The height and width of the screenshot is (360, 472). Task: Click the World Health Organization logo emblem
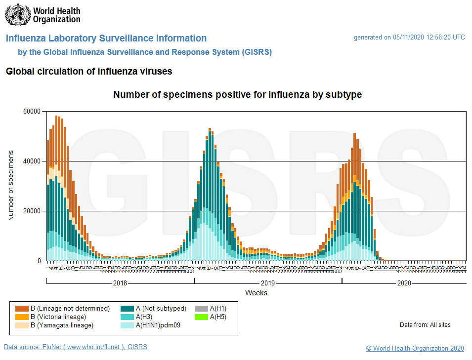point(17,15)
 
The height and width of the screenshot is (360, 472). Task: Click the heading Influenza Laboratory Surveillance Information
point(106,39)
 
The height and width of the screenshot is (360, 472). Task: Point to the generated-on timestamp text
point(409,38)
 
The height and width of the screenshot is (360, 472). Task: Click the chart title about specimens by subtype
point(237,95)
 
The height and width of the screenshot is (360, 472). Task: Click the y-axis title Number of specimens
point(11,186)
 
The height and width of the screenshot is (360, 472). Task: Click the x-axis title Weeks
point(256,293)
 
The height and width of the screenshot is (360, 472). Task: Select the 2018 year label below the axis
point(120,283)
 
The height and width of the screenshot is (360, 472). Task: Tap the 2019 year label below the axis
point(268,283)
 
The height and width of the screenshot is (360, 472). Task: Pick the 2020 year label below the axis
point(404,283)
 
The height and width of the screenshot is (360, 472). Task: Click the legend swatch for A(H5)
point(202,317)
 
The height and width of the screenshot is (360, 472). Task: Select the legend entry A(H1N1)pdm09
point(157,325)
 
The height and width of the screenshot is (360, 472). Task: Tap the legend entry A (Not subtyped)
point(161,309)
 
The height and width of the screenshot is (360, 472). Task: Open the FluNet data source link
point(75,347)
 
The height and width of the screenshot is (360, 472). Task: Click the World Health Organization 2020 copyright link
point(415,349)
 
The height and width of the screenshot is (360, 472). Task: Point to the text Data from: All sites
point(425,325)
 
